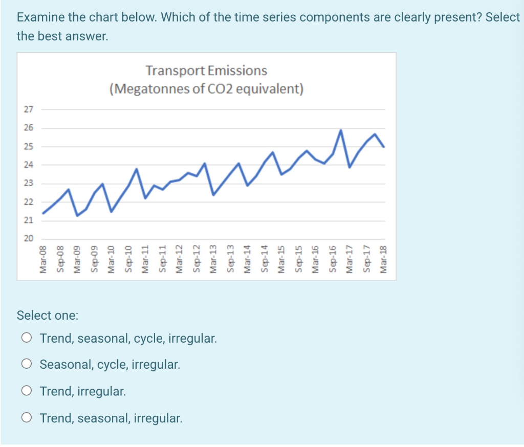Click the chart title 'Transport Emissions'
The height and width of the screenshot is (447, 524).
[x=206, y=70]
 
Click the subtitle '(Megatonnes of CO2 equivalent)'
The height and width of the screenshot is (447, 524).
[x=206, y=89]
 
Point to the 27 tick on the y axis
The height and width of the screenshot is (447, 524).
[x=28, y=109]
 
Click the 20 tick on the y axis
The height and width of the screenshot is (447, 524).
[x=28, y=239]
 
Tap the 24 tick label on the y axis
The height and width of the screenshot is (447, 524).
[x=28, y=165]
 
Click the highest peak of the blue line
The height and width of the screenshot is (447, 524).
[x=341, y=130]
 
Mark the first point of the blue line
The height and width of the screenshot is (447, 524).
[x=43, y=213]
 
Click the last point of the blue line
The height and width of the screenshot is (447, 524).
[x=384, y=147]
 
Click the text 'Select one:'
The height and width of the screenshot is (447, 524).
[x=48, y=315]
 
